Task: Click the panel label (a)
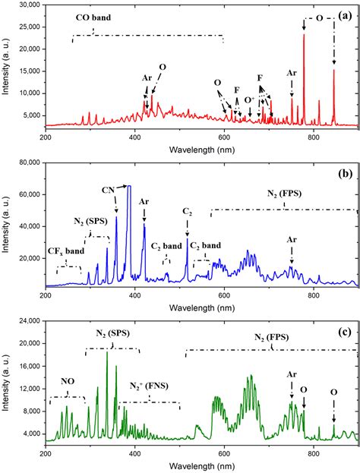point(343,13)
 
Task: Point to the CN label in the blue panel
point(109,189)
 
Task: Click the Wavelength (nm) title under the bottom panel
point(201,465)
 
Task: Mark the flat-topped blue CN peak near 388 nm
point(129,187)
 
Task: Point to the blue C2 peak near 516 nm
point(187,241)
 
